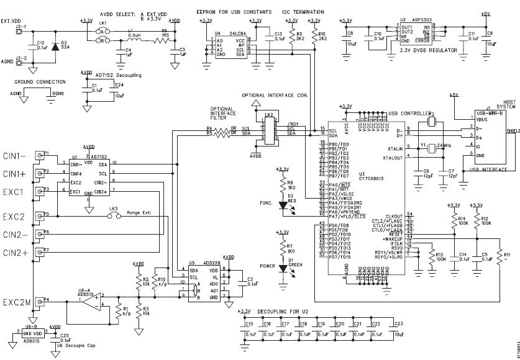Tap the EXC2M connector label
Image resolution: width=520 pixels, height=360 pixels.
tap(17, 303)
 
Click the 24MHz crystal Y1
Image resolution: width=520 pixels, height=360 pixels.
tap(432, 148)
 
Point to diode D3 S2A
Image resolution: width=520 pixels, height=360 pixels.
tap(57, 46)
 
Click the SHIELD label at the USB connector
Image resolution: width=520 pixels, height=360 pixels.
tap(513, 132)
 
